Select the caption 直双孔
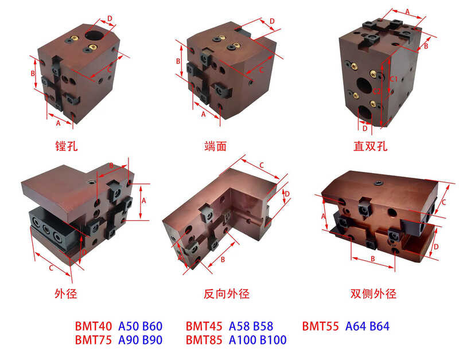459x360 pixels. pyautogui.click(x=370, y=146)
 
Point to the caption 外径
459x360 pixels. pyautogui.click(x=65, y=294)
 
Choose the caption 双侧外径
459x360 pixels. pyautogui.click(x=374, y=294)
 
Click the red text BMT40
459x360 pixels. pyautogui.click(x=94, y=326)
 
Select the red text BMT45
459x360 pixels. pyautogui.click(x=204, y=326)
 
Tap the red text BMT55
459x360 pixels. pyautogui.click(x=321, y=326)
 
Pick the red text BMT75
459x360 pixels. pyautogui.click(x=94, y=340)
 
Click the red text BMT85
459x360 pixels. pyautogui.click(x=204, y=340)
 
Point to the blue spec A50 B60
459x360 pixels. pyautogui.click(x=141, y=326)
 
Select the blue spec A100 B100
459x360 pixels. pyautogui.click(x=258, y=340)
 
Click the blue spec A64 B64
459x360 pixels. pyautogui.click(x=367, y=326)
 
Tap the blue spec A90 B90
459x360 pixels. pyautogui.click(x=141, y=340)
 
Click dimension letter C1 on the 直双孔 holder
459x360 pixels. pyautogui.click(x=393, y=79)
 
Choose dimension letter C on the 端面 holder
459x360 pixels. pyautogui.click(x=261, y=69)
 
